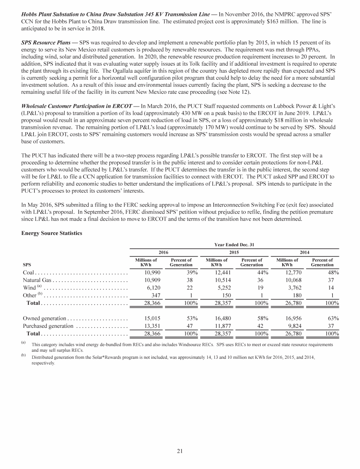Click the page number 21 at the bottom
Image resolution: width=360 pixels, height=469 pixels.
click(x=180, y=451)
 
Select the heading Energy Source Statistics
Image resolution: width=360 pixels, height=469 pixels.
click(x=52, y=233)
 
